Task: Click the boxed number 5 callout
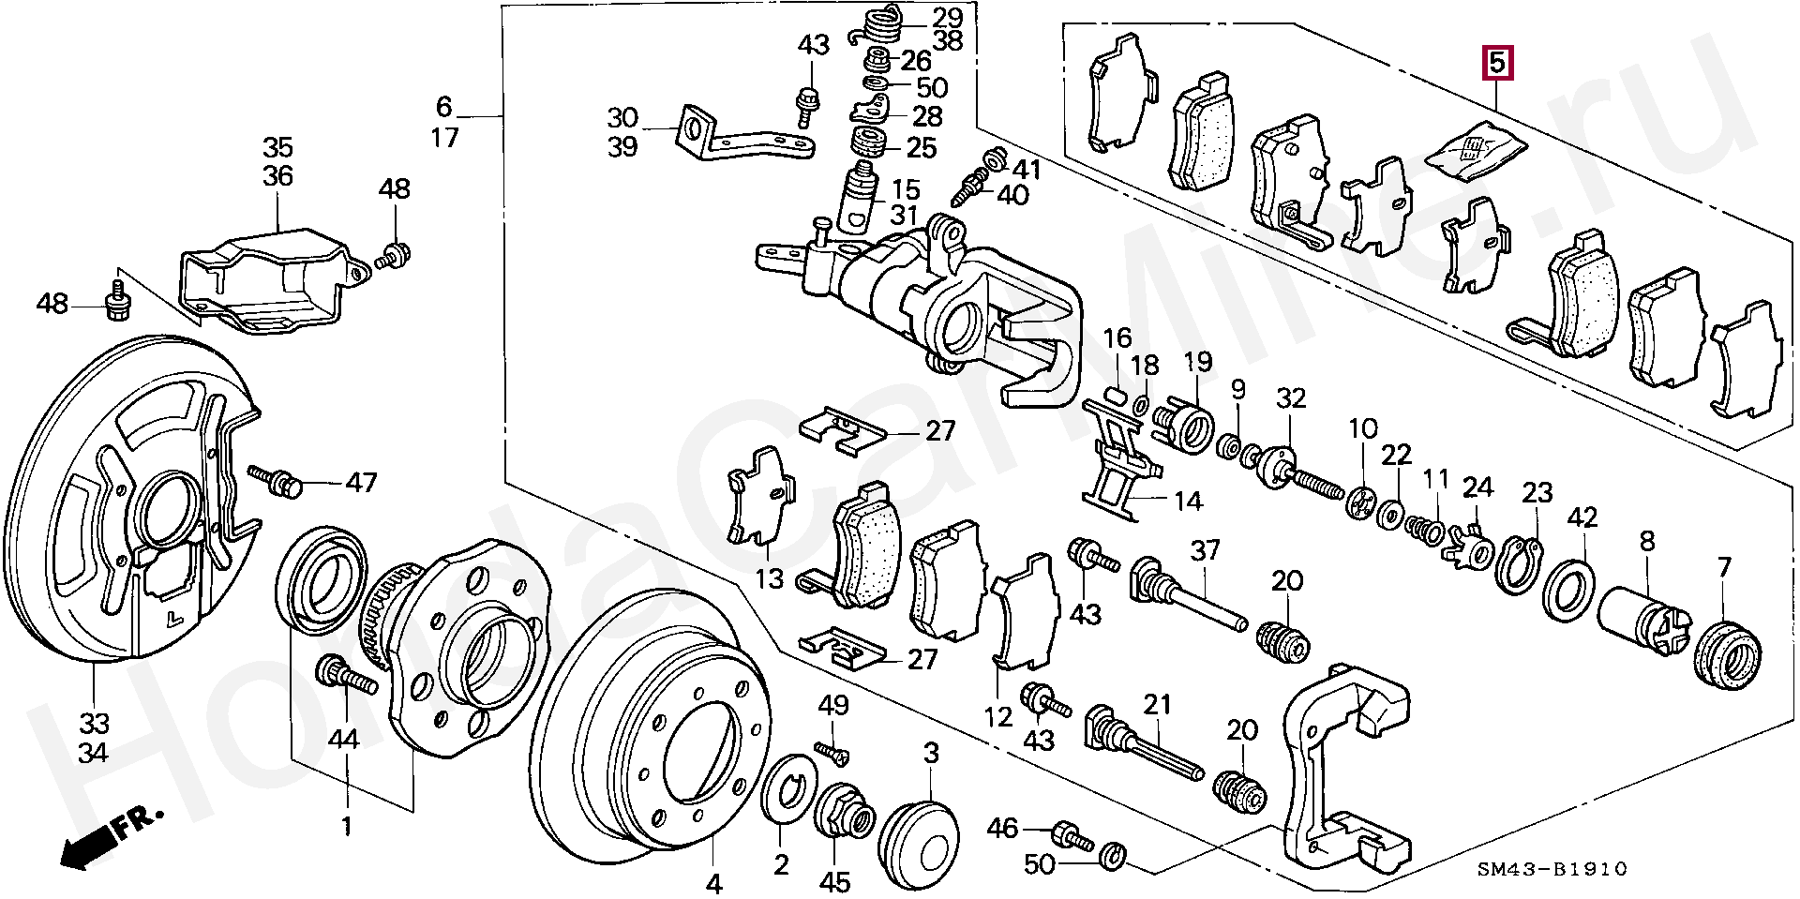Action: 1496,63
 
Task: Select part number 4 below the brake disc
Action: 713,882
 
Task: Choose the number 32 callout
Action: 1291,398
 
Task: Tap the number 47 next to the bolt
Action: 361,483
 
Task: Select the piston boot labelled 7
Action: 1727,651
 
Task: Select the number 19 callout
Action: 1197,362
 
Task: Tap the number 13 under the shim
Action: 769,578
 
